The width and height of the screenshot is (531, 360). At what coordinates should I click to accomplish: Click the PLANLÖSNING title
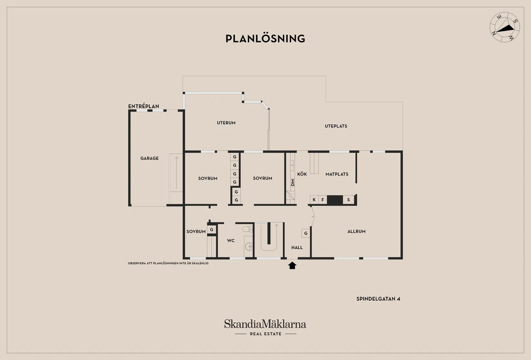(265, 39)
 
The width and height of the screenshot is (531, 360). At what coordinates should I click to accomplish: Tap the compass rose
(505, 27)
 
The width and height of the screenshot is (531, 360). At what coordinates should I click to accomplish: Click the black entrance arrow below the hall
(292, 265)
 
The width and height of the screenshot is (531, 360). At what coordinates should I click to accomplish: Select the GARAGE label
(149, 158)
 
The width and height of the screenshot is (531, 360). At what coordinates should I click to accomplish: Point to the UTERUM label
(226, 123)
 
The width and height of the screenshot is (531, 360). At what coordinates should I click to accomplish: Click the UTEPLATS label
(336, 126)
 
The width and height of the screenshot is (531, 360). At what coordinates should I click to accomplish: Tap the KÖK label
(302, 174)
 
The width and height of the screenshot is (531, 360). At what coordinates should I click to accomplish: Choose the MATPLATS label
(337, 174)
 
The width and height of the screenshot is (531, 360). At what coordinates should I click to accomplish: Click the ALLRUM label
(356, 231)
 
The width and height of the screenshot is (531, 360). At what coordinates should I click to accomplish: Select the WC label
(231, 241)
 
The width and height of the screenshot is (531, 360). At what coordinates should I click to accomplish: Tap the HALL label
(297, 247)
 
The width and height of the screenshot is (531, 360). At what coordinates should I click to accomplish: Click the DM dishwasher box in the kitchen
(293, 182)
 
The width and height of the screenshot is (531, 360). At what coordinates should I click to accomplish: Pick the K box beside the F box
(314, 199)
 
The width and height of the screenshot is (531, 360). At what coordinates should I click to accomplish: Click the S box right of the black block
(349, 199)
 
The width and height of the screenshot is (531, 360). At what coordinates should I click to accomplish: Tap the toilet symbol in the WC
(247, 229)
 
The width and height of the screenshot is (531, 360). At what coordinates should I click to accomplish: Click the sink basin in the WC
(249, 246)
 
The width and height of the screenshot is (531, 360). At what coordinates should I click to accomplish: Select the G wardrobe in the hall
(306, 233)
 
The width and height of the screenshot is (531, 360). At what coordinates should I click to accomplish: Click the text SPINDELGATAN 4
(378, 299)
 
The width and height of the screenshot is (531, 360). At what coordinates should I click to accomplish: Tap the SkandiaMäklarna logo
(265, 327)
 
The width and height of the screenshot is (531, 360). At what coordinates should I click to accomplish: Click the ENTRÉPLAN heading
(144, 106)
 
